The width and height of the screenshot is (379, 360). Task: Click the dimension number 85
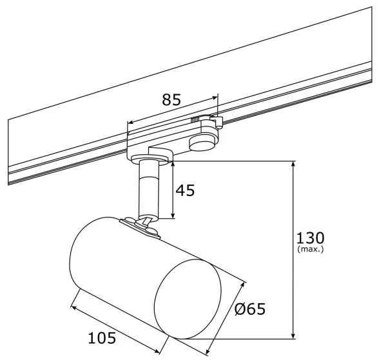pyautogui.click(x=171, y=100)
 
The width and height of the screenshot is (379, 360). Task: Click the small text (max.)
pyautogui.click(x=311, y=249)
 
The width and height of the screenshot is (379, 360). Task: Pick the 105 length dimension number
pyautogui.click(x=103, y=337)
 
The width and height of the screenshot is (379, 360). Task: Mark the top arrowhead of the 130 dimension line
pyautogui.click(x=294, y=165)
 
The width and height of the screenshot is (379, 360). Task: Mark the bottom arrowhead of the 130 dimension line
pyautogui.click(x=294, y=335)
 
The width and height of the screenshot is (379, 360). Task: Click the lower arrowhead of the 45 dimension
pyautogui.click(x=172, y=215)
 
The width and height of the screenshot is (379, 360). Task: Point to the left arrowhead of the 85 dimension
pyautogui.click(x=129, y=122)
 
